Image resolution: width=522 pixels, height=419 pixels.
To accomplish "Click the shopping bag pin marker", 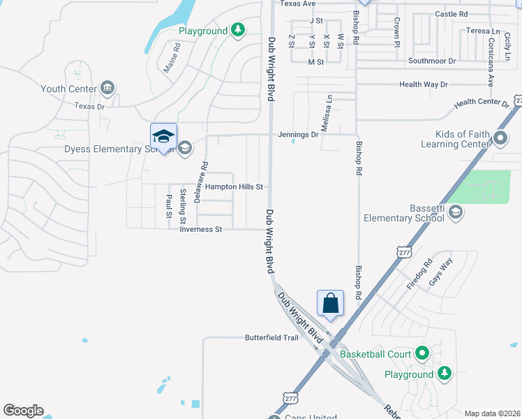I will point(331,304).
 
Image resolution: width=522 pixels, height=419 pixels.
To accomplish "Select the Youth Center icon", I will point(107,88).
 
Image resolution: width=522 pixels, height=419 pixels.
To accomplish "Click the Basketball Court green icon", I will point(422,353).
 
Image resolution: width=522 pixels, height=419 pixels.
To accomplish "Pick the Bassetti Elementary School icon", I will point(455,212).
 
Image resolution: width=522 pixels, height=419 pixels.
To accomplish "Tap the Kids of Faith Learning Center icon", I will point(500,138).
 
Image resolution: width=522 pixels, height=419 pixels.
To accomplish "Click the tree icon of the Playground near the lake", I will point(239,30).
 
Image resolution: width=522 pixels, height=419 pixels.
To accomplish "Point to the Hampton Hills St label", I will point(234,187).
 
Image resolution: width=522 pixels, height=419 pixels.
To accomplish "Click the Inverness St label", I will point(200,229).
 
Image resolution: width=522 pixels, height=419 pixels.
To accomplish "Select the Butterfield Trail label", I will point(271,337).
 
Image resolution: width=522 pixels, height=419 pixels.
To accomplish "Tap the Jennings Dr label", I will point(297,135).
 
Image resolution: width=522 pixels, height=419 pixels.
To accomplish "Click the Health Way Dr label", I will point(423,84).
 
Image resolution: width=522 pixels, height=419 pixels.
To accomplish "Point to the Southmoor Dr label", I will point(432,61).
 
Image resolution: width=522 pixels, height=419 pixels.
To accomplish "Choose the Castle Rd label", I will point(452,14).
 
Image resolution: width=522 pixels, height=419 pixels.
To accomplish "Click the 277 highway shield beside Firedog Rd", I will point(403,251).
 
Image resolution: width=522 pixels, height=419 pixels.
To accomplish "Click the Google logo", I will point(23,411).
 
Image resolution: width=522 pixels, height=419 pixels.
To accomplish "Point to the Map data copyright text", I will point(491,413).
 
